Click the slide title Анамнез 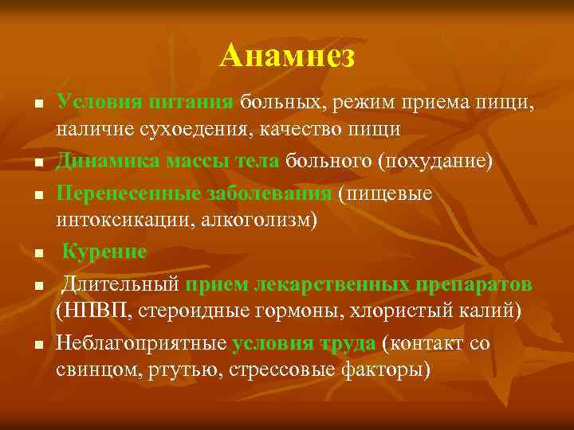click(287, 56)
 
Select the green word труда click(348, 344)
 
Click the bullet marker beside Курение click(37, 255)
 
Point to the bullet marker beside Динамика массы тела click(37, 164)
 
